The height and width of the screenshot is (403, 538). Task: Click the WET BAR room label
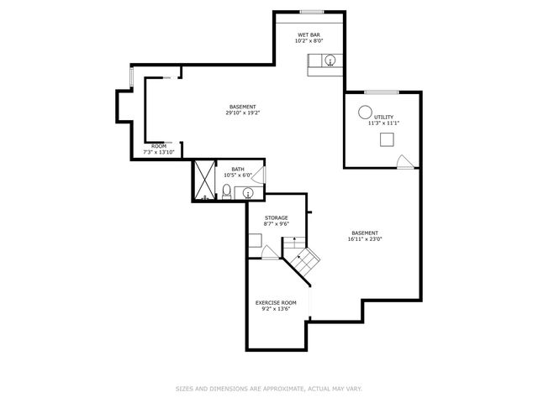[309, 35]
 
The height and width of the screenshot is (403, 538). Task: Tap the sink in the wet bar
[330, 60]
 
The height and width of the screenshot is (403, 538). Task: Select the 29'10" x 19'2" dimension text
[243, 113]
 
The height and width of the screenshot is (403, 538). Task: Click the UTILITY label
[383, 118]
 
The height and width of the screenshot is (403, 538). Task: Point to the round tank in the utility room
[365, 112]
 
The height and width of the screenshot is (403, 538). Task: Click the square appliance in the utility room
[387, 139]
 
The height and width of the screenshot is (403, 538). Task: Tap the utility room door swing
[405, 162]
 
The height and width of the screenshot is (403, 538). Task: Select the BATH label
[238, 170]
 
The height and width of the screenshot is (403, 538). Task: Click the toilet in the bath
[226, 191]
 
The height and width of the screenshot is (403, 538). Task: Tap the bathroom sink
[248, 194]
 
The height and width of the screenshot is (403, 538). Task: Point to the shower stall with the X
[204, 180]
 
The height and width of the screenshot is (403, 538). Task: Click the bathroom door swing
[259, 175]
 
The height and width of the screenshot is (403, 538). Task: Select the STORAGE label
[277, 218]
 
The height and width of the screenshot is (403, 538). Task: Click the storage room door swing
[270, 252]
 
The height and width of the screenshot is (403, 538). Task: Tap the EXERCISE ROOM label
[276, 303]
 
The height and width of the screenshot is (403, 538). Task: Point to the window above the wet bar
[312, 13]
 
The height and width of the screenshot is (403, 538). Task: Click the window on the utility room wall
[382, 92]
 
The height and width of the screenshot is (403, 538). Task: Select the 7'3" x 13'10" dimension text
[159, 152]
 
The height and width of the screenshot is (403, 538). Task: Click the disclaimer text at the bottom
[269, 389]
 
